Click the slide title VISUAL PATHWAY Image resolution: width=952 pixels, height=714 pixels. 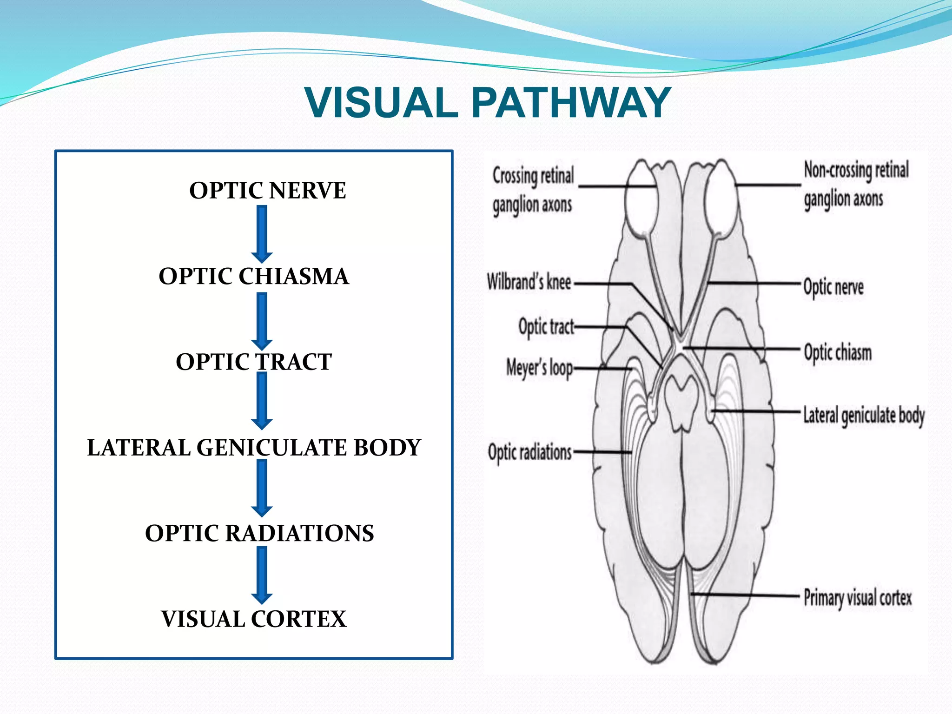pos(488,103)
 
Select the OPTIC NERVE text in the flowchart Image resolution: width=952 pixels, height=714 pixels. pos(267,191)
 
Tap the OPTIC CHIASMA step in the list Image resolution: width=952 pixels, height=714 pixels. pos(254,276)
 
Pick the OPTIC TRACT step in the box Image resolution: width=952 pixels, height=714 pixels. pos(254,362)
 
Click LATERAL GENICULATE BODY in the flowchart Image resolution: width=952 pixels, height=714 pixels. pos(254,448)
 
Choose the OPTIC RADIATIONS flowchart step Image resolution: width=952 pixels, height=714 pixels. pos(259,533)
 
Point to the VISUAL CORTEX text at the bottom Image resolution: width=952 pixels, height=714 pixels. pos(254,619)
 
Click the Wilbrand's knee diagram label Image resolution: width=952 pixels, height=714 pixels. pos(529,282)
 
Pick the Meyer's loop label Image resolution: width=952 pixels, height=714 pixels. pos(539,368)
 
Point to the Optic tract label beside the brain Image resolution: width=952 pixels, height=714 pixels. pos(546,326)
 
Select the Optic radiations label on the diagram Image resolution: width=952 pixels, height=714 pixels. pos(529,452)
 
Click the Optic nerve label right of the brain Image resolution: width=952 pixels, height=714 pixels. pos(833,287)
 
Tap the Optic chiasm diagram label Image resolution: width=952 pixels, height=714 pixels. pos(838,352)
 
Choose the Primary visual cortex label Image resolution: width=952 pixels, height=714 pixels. pos(858,598)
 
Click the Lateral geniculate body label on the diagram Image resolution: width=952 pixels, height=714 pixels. pos(864,416)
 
